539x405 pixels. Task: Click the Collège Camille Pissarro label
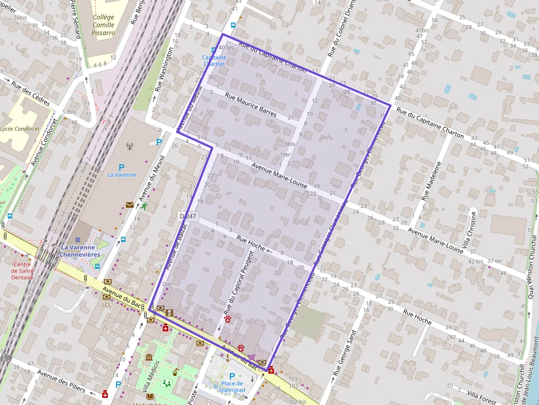[x=103, y=25]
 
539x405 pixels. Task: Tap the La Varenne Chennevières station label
[x=80, y=251]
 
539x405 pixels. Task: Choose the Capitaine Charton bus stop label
[x=214, y=60]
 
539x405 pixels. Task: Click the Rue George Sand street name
[x=344, y=352]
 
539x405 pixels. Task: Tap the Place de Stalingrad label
[x=232, y=387]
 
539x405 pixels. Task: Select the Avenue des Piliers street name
[x=61, y=381]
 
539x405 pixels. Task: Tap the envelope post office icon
[x=129, y=205]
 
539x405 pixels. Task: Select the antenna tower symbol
[x=130, y=146]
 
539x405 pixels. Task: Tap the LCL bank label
[x=107, y=304]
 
